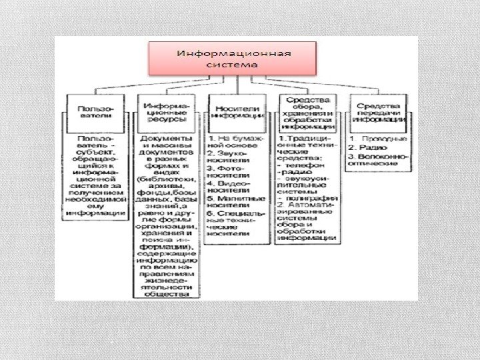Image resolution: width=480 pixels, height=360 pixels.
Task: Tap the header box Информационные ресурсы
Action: point(167,110)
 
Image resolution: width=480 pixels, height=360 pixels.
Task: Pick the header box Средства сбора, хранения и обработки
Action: point(307,111)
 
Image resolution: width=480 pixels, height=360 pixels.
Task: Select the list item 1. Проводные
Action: point(377,138)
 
